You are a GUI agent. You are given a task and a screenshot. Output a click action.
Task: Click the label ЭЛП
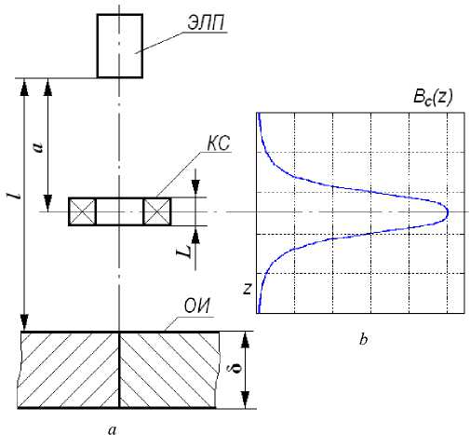point(206,22)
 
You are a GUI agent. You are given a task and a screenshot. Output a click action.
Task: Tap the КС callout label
point(219,143)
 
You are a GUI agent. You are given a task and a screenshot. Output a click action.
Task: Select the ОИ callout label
point(197,306)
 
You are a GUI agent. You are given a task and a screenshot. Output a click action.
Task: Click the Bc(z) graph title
point(433,98)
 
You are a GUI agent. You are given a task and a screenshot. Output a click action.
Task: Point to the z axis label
point(248,289)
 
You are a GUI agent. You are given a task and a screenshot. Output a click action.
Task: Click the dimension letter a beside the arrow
point(38,147)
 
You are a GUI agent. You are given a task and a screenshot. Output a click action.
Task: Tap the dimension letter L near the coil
point(183,251)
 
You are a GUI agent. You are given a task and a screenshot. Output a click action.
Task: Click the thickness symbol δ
point(236,366)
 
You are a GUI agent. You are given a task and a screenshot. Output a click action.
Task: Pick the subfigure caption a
point(113,429)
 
